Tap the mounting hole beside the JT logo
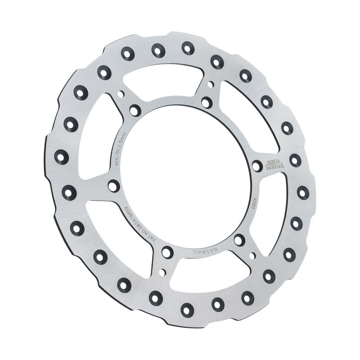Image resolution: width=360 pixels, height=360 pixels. click(257, 166)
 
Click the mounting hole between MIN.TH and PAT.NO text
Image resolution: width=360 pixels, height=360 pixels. click(114, 185)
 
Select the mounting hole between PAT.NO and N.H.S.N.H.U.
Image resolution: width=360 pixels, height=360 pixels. click(167, 252)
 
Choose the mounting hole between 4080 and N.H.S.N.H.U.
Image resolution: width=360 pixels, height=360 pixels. click(239, 240)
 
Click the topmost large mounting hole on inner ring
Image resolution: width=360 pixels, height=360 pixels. click(206, 103)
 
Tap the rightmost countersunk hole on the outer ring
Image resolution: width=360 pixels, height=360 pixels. click(303, 192)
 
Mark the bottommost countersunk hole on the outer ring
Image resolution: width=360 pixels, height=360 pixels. click(187, 308)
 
